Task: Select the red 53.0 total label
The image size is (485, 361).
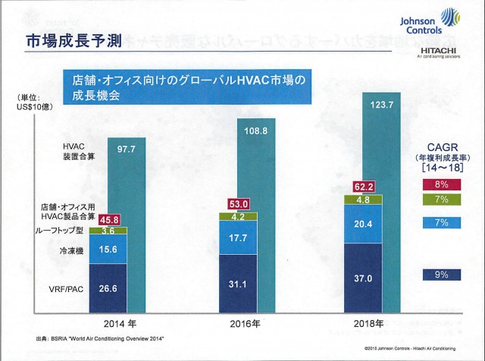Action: click(x=238, y=204)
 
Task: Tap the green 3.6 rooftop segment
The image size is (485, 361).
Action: click(x=108, y=230)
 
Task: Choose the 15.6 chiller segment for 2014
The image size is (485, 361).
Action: click(x=108, y=249)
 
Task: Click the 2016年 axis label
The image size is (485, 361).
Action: click(x=246, y=322)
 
